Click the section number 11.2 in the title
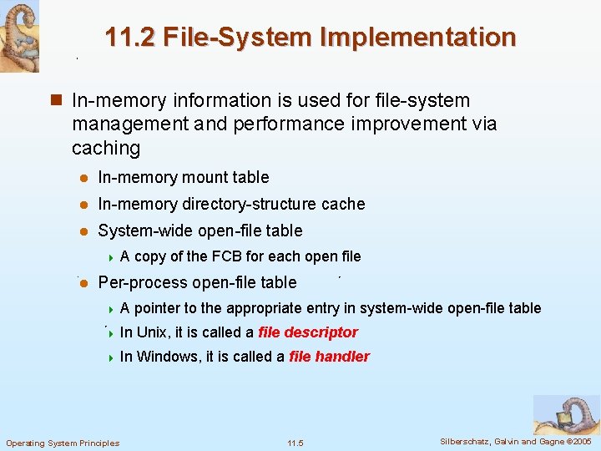(130, 37)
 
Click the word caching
(106, 148)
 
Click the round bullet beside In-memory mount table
(84, 178)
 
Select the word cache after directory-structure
(344, 204)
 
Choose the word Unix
(151, 332)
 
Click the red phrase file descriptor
(308, 332)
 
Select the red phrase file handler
(329, 357)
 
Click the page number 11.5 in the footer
(295, 443)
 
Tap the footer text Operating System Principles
(63, 443)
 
